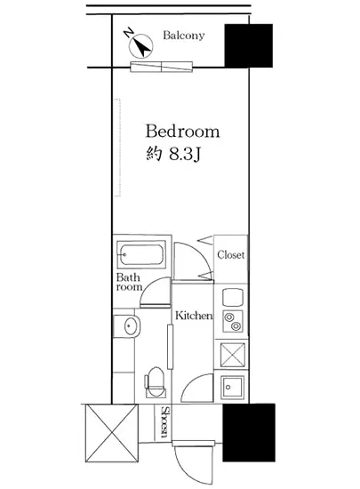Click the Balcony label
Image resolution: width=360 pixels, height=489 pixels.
(184, 36)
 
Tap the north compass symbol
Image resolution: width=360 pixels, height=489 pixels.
(140, 44)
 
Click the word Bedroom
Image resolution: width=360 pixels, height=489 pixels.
(182, 132)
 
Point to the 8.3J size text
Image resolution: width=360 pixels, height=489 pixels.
(184, 154)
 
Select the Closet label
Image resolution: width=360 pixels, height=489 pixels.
(230, 255)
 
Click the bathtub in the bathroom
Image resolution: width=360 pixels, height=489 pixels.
(141, 254)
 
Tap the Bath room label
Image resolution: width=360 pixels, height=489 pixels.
(129, 282)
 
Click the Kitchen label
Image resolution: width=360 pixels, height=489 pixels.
(194, 316)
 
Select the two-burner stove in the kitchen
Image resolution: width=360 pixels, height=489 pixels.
(233, 322)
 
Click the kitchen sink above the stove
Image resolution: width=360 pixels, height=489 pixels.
(233, 297)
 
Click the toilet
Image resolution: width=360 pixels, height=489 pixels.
(154, 382)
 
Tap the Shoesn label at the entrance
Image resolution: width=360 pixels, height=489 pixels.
(164, 422)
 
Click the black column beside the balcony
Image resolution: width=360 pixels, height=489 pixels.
(248, 45)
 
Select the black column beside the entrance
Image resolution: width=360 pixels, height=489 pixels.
(249, 432)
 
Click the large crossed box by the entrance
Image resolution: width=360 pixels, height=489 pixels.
(112, 433)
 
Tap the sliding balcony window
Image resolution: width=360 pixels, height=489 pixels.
(161, 67)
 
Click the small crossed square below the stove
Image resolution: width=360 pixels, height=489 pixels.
(233, 355)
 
